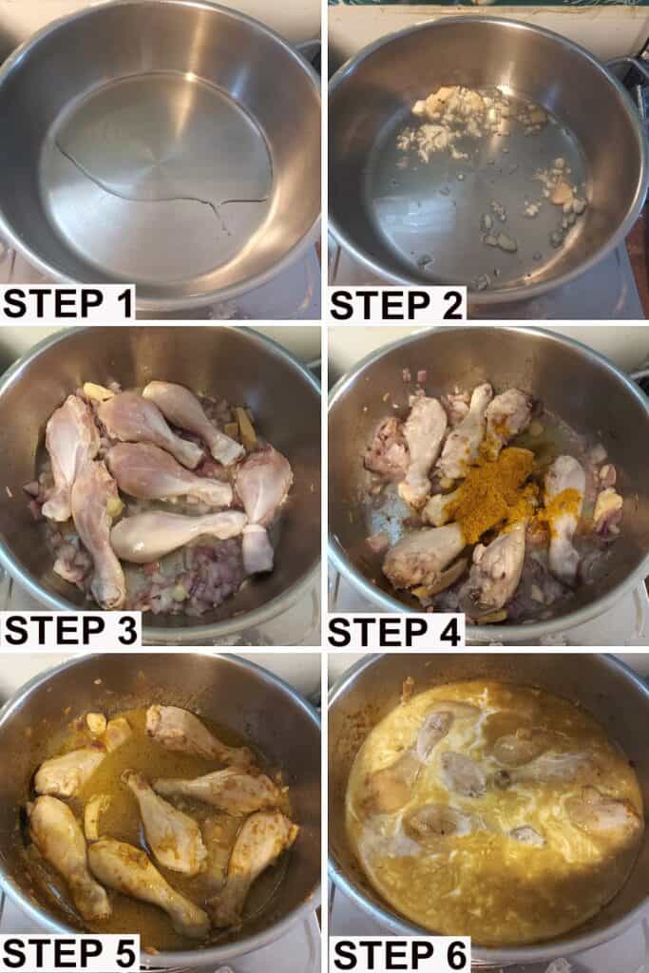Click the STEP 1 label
point(68,303)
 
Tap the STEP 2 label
point(396,305)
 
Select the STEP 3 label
point(70,631)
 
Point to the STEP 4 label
point(394,632)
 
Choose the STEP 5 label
point(70,954)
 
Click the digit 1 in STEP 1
point(124,303)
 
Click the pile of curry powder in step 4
point(491,490)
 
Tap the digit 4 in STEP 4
point(448,632)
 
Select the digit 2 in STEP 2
point(450,305)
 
